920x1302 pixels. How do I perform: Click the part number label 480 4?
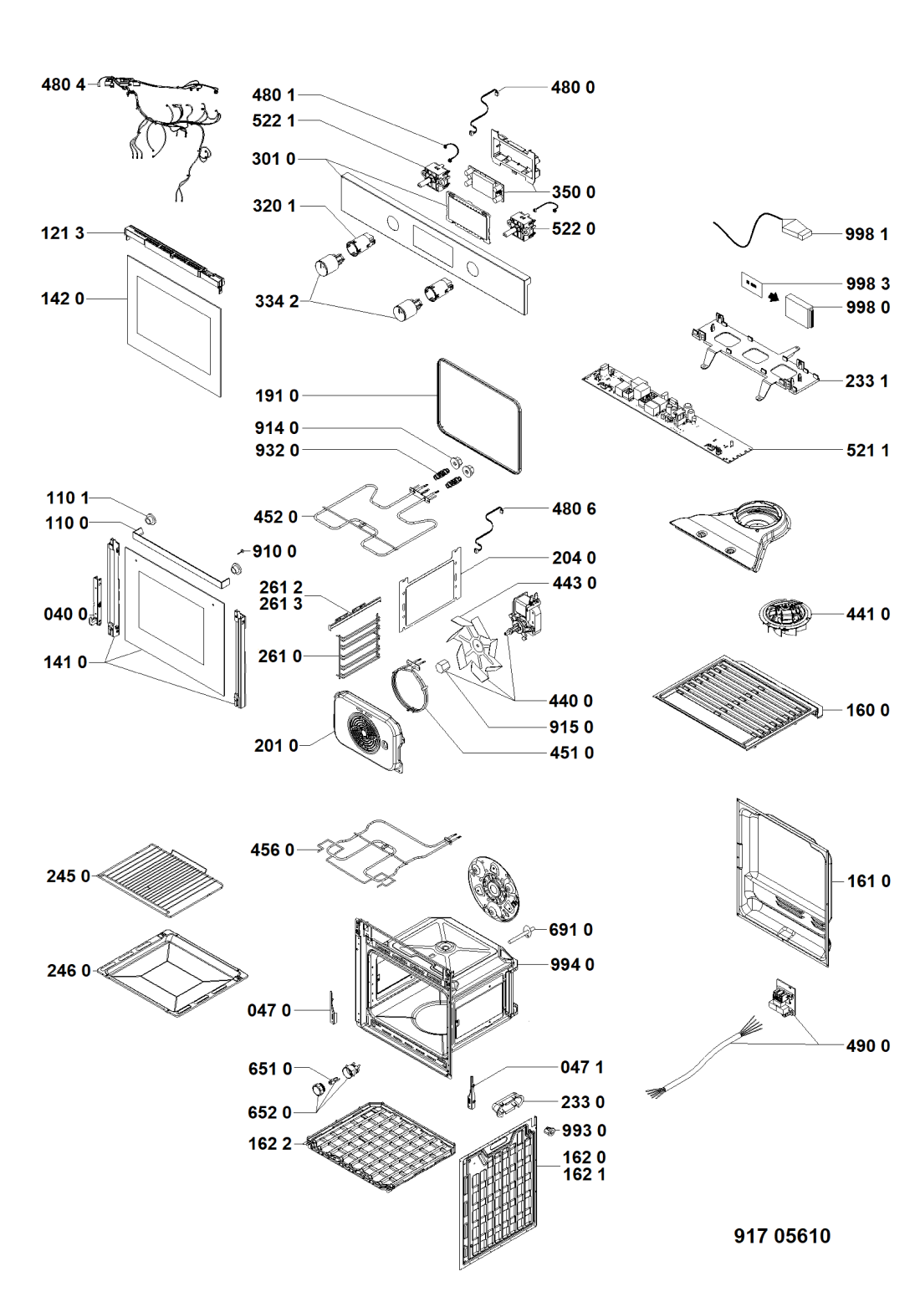[63, 84]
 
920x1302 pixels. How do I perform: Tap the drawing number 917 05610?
[782, 1236]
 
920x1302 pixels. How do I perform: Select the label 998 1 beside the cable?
[866, 234]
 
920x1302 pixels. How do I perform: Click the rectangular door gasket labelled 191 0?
[479, 416]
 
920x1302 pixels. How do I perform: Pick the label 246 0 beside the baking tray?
[69, 970]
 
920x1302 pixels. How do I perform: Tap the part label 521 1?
[867, 450]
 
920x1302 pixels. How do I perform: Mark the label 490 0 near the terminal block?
[867, 1045]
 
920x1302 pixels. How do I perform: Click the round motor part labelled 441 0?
[784, 617]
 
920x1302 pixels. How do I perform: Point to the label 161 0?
[868, 881]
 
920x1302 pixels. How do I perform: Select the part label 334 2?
[276, 301]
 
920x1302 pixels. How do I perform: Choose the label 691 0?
[571, 929]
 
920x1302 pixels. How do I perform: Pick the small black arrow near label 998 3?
[774, 296]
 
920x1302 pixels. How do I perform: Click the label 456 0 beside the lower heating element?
[272, 850]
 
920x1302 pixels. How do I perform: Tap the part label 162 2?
[269, 1143]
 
